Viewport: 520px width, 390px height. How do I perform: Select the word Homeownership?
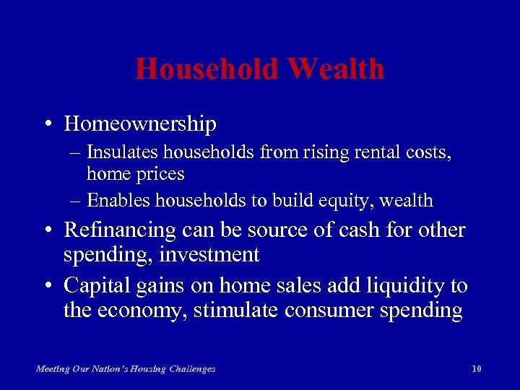140,124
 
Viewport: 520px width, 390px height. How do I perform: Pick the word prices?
160,174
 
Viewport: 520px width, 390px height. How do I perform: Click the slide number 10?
476,369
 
